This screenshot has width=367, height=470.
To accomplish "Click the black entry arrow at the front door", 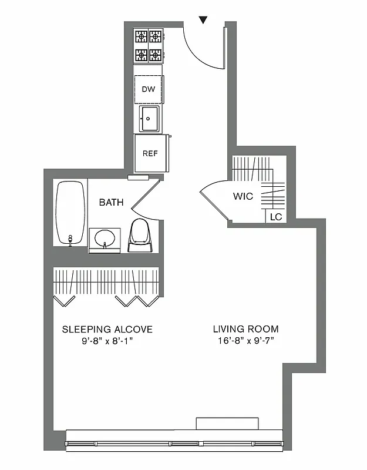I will click(203, 20).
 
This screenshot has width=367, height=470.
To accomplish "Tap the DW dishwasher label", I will click(149, 89).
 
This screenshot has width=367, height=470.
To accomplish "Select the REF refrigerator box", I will click(150, 153).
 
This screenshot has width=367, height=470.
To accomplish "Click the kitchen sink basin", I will click(149, 119).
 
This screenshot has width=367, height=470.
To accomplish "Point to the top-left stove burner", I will click(142, 37).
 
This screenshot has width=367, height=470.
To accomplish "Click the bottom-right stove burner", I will click(156, 55).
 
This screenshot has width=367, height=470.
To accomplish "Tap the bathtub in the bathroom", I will click(70, 213).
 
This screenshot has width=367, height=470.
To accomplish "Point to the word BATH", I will click(111, 202).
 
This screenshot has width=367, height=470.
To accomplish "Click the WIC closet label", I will click(243, 196).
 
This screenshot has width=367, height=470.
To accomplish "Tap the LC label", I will click(275, 217).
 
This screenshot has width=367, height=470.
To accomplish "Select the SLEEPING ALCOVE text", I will click(107, 329).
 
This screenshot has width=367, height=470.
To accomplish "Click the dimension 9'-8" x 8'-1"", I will click(107, 341).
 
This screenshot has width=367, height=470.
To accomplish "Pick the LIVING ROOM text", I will click(245, 329).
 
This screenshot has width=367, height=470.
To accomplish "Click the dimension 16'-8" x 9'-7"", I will click(245, 341).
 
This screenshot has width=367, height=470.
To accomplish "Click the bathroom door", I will click(145, 193).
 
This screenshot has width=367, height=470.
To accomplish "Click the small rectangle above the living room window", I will click(227, 423).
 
